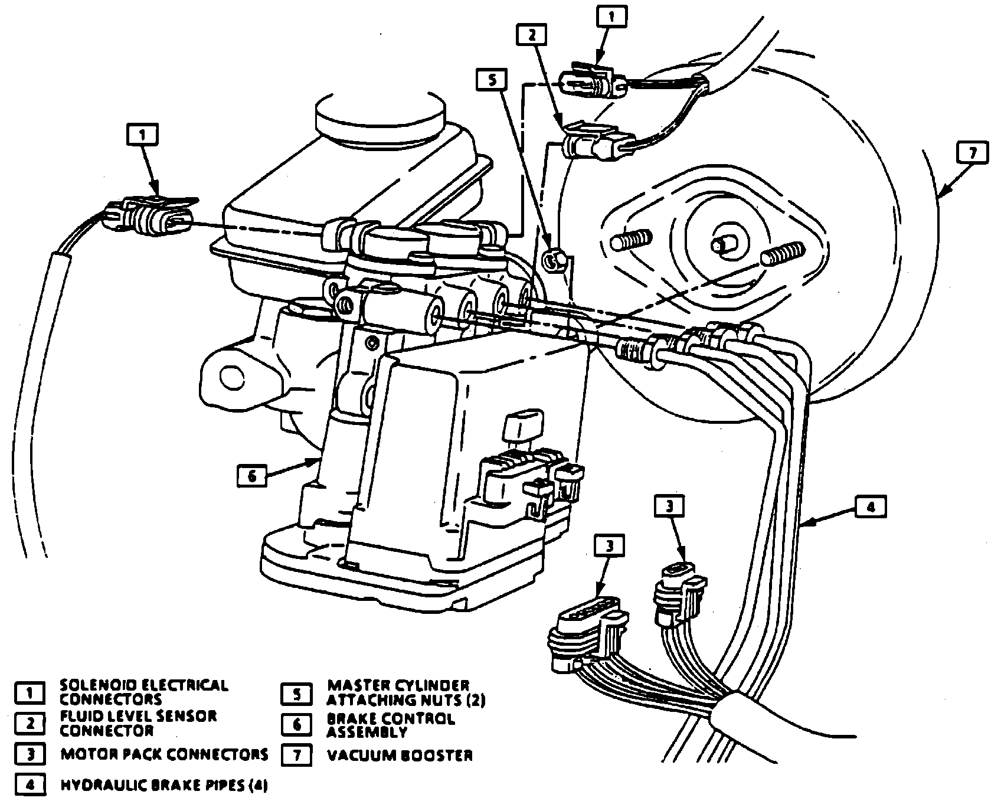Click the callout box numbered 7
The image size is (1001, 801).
click(972, 153)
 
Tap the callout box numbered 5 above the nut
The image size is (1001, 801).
click(492, 80)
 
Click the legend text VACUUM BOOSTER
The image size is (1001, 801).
click(400, 756)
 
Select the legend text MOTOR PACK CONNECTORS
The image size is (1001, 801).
click(164, 754)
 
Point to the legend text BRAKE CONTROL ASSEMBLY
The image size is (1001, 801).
click(390, 725)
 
